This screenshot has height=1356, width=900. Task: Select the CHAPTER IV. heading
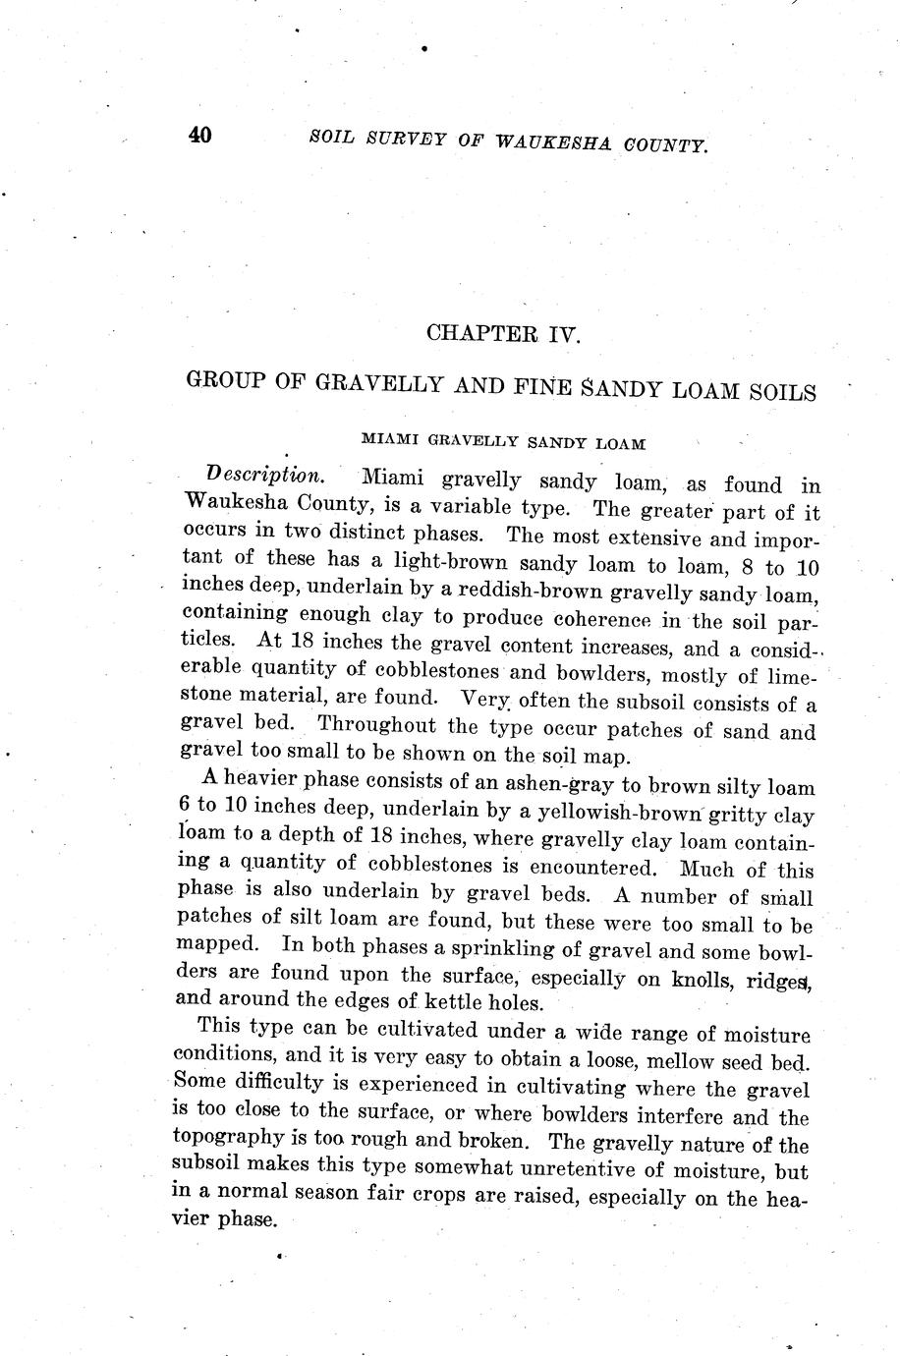504,333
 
